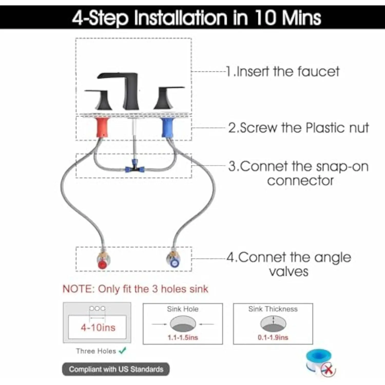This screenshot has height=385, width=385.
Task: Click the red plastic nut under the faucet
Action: [x=103, y=127]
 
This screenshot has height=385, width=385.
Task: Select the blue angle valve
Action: [x=174, y=259]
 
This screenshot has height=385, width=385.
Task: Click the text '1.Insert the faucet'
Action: [x=283, y=71]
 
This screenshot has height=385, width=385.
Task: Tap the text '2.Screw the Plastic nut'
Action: [x=299, y=128]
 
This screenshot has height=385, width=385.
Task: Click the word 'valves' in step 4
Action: [x=288, y=272]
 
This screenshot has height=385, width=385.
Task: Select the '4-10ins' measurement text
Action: [x=98, y=328]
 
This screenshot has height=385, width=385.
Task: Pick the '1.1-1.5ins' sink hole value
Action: [x=183, y=338]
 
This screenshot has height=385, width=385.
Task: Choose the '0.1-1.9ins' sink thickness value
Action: [x=273, y=338]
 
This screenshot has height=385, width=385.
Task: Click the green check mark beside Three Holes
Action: [x=123, y=350]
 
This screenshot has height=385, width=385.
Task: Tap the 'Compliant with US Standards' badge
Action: [x=116, y=369]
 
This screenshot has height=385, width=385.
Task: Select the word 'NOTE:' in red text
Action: [x=79, y=289]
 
